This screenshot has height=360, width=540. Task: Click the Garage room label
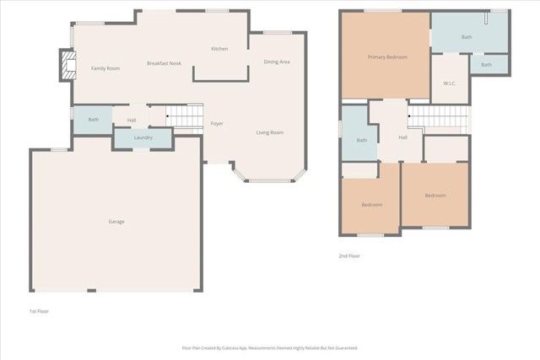[x=116, y=222]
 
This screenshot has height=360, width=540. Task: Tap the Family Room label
[x=105, y=68]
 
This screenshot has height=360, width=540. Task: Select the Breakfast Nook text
[x=164, y=64]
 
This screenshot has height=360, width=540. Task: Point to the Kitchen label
[x=219, y=49]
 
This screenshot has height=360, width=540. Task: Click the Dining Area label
[x=277, y=62]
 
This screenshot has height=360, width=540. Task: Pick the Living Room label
[x=270, y=132]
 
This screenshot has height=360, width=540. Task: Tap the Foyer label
[x=217, y=124]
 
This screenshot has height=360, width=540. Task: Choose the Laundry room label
[x=143, y=137]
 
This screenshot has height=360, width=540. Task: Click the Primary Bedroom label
[x=387, y=57]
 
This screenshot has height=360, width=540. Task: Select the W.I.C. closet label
[x=450, y=83]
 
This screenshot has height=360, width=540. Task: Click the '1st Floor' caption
[x=40, y=312]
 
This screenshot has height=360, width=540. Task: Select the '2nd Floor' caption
[x=349, y=256]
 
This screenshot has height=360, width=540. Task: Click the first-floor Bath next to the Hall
[x=94, y=120]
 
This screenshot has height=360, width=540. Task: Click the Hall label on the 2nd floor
[x=402, y=137]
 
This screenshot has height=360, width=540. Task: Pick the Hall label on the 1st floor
[x=132, y=121]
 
